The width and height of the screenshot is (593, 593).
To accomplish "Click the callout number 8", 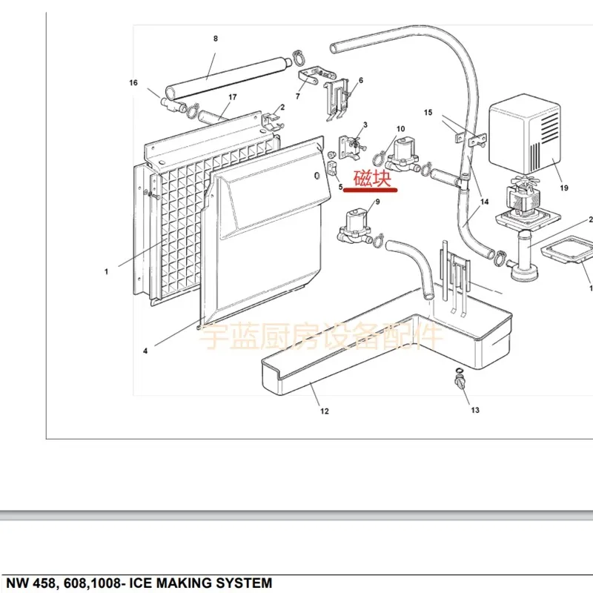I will pyautogui.click(x=216, y=39).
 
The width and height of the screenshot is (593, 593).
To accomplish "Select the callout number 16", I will pyautogui.click(x=133, y=83).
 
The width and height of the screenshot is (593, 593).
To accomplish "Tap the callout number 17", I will pyautogui.click(x=232, y=98).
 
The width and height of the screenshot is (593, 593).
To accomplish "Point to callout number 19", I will pyautogui.click(x=564, y=188).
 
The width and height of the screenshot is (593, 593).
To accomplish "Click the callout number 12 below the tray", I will pyautogui.click(x=325, y=411).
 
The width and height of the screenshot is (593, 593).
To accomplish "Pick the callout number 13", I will pyautogui.click(x=474, y=410).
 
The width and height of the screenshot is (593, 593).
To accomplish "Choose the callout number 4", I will pyautogui.click(x=145, y=351).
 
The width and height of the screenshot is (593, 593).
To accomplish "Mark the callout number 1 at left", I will pyautogui.click(x=106, y=272).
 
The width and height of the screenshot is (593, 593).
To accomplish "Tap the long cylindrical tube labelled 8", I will pyautogui.click(x=222, y=76).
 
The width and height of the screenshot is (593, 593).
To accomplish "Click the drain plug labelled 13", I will pyautogui.click(x=459, y=383).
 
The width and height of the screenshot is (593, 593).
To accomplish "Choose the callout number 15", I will pyautogui.click(x=428, y=113).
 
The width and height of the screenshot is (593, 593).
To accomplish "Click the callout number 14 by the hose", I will pyautogui.click(x=485, y=202).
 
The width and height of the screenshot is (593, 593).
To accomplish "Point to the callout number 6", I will pyautogui.click(x=360, y=80).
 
